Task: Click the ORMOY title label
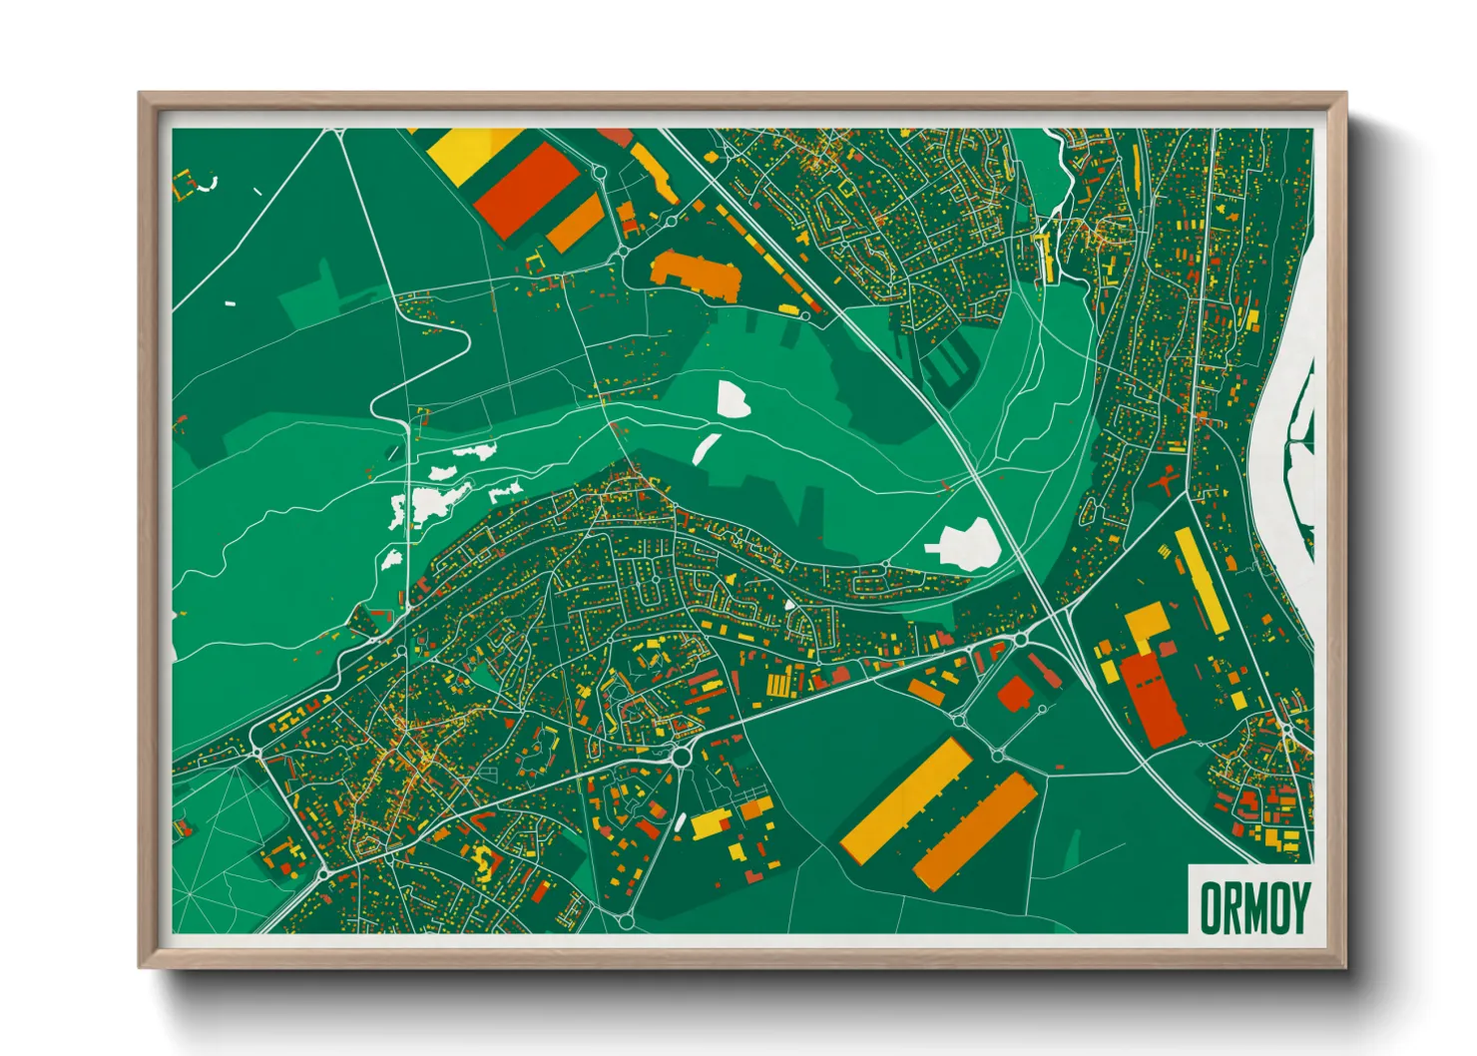coord(1251,906)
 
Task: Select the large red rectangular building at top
coord(526,190)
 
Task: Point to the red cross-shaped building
coord(1164,484)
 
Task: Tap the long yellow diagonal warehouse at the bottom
coord(906,799)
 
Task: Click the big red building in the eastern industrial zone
coord(1152,699)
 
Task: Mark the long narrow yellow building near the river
coord(1202,581)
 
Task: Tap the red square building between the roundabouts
coord(1016,694)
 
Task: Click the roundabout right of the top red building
coord(600,173)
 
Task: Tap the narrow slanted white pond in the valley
coord(706,448)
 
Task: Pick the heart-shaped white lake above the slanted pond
coord(734,398)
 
